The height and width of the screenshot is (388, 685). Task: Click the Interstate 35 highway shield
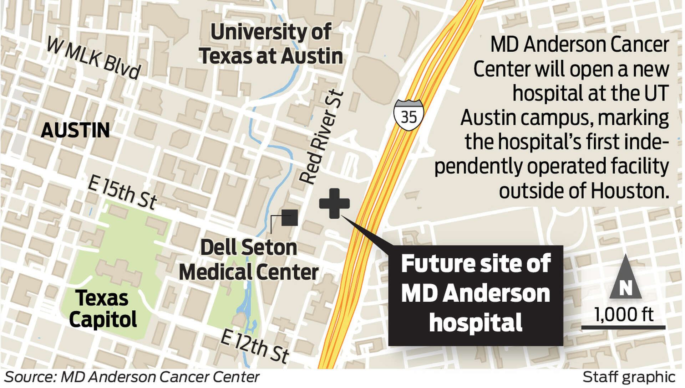tap(409, 115)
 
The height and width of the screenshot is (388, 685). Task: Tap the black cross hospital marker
tap(334, 203)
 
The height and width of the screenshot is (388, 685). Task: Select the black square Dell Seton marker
tap(289, 218)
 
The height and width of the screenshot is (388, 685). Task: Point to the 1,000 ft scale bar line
tap(623, 327)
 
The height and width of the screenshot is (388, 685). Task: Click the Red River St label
tap(321, 138)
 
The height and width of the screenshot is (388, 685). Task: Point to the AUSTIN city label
tap(75, 130)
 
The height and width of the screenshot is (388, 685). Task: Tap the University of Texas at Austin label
tap(271, 44)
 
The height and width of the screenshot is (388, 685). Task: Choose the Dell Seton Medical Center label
tap(249, 260)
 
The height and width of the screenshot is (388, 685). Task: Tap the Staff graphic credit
tap(629, 377)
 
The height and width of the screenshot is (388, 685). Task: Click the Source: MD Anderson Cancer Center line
tap(132, 377)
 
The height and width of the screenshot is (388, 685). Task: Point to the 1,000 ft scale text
tap(623, 315)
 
